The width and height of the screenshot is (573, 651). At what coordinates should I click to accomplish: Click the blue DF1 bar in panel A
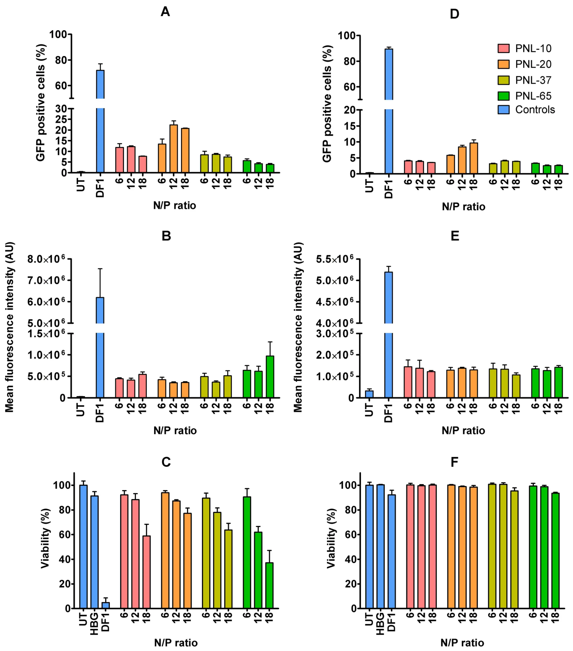pyautogui.click(x=100, y=127)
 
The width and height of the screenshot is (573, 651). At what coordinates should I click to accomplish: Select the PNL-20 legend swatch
pyautogui.click(x=504, y=64)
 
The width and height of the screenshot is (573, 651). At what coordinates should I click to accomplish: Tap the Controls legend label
pyautogui.click(x=535, y=110)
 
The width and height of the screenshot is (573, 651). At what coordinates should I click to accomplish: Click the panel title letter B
pyautogui.click(x=166, y=236)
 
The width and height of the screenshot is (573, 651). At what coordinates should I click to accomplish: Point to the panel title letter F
pyautogui.click(x=454, y=462)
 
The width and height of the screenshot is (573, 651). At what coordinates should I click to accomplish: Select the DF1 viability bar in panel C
pyautogui.click(x=106, y=605)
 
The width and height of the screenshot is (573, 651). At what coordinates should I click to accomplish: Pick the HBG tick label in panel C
pyautogui.click(x=94, y=623)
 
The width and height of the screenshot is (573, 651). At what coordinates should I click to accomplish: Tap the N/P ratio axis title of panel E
pyautogui.click(x=463, y=431)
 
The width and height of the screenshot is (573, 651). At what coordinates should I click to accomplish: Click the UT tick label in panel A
pyautogui.click(x=81, y=184)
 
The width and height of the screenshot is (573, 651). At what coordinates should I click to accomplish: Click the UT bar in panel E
pyautogui.click(x=369, y=394)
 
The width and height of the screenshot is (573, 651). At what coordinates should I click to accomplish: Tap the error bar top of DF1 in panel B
pyautogui.click(x=100, y=269)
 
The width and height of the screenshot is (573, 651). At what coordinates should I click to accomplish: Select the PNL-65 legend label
pyautogui.click(x=533, y=96)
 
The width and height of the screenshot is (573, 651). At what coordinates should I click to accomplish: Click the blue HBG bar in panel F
pyautogui.click(x=380, y=546)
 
